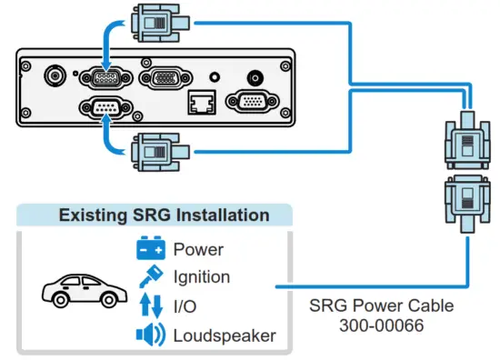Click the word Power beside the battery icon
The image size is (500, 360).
[197, 248]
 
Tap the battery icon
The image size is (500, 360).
[151, 248]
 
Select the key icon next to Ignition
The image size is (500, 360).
[151, 276]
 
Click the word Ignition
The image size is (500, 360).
[201, 276]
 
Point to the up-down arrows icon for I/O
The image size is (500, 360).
[151, 305]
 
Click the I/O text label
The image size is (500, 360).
[185, 305]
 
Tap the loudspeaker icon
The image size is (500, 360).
[151, 335]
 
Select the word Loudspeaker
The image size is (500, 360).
[224, 335]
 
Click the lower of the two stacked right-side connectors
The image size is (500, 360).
[465, 201]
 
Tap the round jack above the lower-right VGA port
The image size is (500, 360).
[255, 79]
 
